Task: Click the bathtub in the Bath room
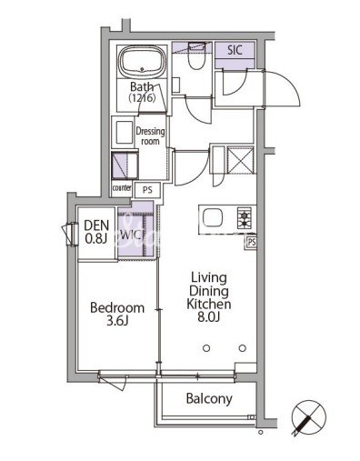[x=142, y=62]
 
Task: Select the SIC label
[x=235, y=50]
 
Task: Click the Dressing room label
[x=150, y=136]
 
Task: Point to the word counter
[x=122, y=187]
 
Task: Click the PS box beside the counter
[x=147, y=190]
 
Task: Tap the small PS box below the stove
[x=252, y=242]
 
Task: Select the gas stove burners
[x=245, y=218]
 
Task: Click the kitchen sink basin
[x=213, y=218]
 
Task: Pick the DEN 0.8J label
[x=96, y=233]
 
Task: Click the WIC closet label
[x=131, y=235]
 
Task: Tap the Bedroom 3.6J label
[x=117, y=314]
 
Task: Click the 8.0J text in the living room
[x=209, y=317]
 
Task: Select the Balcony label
[x=209, y=399]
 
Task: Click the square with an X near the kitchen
[x=240, y=160]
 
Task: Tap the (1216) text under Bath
[x=143, y=98]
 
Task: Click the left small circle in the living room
[x=206, y=348]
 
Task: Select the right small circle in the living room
[x=243, y=348]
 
